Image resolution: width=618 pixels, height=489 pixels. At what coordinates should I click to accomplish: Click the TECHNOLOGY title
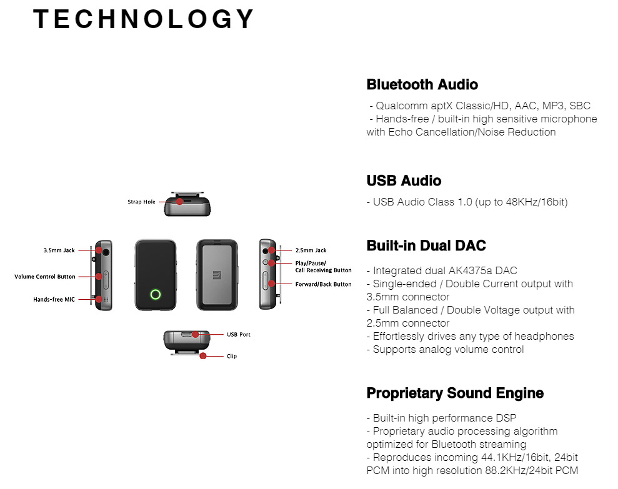pyautogui.click(x=144, y=19)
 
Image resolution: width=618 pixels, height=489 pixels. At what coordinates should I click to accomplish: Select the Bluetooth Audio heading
pyautogui.click(x=422, y=84)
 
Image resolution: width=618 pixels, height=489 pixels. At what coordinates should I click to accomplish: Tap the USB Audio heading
pyautogui.click(x=404, y=180)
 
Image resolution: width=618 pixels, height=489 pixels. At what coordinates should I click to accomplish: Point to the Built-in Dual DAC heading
pyautogui.click(x=426, y=245)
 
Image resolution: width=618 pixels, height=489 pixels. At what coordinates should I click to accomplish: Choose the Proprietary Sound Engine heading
pyautogui.click(x=456, y=393)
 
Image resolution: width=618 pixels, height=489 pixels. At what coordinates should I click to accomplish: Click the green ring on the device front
pyautogui.click(x=156, y=294)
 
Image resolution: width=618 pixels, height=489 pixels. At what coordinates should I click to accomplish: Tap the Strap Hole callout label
pyautogui.click(x=141, y=202)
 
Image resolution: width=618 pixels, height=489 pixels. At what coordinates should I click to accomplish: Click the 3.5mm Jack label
pyautogui.click(x=59, y=250)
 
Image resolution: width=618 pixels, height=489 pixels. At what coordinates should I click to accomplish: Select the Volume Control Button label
pyautogui.click(x=45, y=277)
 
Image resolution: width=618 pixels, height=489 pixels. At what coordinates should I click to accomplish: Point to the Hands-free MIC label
pyautogui.click(x=54, y=300)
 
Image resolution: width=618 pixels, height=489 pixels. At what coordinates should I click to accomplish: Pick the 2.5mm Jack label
pyautogui.click(x=311, y=250)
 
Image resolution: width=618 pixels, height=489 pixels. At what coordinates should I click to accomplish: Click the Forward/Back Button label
pyautogui.click(x=324, y=284)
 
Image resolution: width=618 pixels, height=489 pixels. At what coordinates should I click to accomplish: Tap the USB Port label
pyautogui.click(x=239, y=335)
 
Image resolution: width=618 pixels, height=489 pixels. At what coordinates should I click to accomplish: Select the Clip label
pyautogui.click(x=232, y=356)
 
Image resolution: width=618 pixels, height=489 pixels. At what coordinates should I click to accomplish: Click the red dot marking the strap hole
pyautogui.click(x=180, y=202)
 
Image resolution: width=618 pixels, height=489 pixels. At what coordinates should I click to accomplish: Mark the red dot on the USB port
pyautogui.click(x=196, y=335)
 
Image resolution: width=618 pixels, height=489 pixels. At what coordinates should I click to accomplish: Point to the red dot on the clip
pyautogui.click(x=203, y=356)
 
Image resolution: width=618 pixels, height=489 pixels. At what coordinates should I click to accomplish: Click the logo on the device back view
pyautogui.click(x=217, y=275)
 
